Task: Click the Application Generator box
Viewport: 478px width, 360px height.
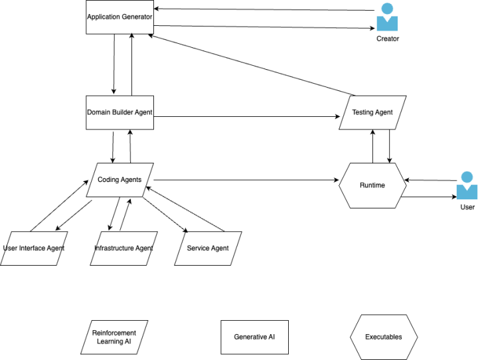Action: [119, 17]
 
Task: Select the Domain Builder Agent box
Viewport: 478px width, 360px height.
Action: [119, 112]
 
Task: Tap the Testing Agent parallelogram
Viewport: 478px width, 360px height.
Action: [372, 112]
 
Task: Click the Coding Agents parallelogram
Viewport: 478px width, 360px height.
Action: [119, 180]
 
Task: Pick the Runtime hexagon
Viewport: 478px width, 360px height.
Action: [372, 185]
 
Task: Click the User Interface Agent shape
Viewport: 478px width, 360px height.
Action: [34, 248]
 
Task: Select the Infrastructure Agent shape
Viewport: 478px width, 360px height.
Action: [123, 248]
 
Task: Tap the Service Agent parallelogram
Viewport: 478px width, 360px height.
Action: [208, 248]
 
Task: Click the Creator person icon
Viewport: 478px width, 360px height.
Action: [387, 17]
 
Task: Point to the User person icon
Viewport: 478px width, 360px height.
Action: [467, 185]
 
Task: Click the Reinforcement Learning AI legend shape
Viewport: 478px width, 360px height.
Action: [114, 337]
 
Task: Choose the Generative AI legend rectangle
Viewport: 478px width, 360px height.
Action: [254, 337]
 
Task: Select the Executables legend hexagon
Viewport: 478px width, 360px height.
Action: [384, 337]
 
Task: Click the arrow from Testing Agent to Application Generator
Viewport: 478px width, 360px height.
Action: [252, 65]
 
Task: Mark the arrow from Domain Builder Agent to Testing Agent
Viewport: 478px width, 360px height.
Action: [247, 116]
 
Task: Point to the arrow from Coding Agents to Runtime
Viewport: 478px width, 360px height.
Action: [246, 180]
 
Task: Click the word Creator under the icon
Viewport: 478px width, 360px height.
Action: [388, 39]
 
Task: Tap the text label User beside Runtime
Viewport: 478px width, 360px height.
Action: [467, 207]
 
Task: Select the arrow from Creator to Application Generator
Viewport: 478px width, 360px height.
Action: [264, 9]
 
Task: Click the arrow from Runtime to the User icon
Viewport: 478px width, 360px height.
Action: [429, 197]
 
